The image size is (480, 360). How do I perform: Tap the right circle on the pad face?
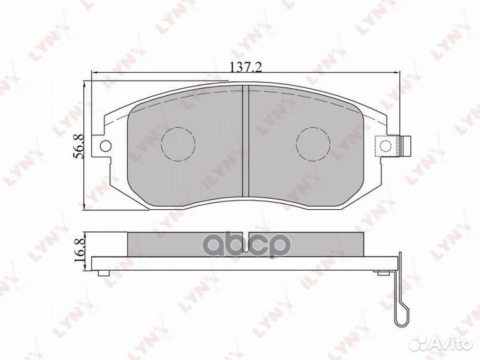(313, 142)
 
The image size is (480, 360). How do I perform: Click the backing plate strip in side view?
(245, 264)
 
